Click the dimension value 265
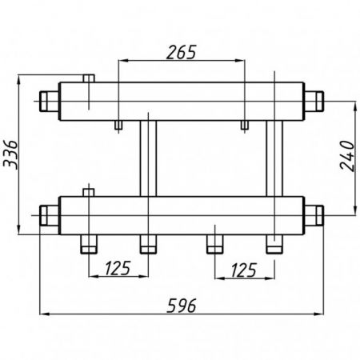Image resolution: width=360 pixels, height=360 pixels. click(182, 52)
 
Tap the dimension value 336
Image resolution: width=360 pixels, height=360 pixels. click(10, 154)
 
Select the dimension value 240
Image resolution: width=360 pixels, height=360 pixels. click(347, 156)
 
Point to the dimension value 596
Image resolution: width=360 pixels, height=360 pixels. click(182, 306)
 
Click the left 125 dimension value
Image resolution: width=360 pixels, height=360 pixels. click(118, 268)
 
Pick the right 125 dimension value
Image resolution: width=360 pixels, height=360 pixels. click(244, 270)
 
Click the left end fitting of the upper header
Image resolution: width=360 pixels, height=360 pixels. click(50, 102)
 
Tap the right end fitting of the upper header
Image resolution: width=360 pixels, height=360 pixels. click(314, 102)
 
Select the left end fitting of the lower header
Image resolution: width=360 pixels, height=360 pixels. click(50, 215)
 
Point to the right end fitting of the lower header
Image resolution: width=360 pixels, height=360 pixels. click(314, 215)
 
